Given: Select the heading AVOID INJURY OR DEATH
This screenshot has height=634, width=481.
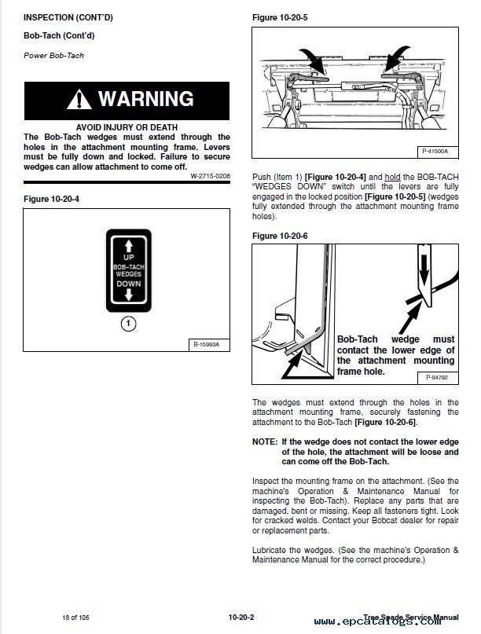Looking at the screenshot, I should point(127,126).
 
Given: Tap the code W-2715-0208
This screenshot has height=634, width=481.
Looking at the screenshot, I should point(210,176).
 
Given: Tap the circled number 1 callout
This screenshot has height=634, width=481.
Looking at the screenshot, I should point(127,323).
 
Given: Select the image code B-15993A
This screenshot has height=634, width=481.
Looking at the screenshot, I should point(208,345).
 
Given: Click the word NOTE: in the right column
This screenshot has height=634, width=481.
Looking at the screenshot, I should point(265,442).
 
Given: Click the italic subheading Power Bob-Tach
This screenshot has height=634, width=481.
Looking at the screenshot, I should point(53,56).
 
